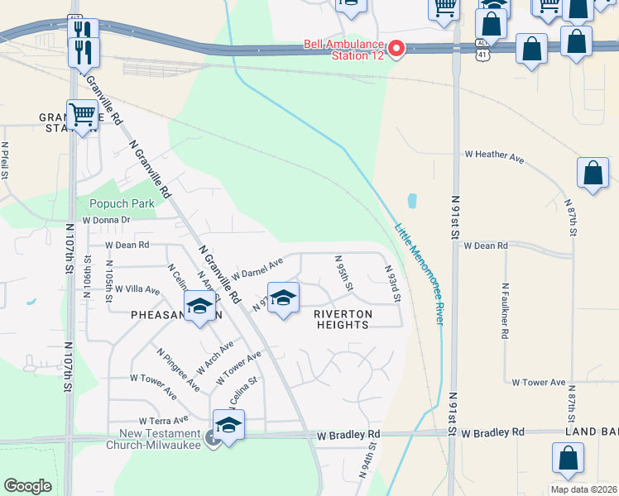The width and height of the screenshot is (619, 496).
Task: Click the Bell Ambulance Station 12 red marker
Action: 396,50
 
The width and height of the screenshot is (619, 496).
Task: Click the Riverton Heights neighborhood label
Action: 343,319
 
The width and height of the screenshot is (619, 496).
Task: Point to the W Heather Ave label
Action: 495,155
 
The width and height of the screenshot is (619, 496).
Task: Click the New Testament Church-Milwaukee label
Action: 161,439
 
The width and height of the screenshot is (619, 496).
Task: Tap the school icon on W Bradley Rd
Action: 228,425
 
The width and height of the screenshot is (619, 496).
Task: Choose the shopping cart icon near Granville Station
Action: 83,115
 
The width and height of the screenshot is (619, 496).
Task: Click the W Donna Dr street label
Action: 106,221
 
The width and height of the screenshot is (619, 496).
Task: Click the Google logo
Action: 27,486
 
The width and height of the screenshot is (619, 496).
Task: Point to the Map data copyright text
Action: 583,489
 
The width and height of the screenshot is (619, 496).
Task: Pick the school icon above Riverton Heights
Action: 283,298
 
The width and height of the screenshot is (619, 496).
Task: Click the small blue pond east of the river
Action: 412,201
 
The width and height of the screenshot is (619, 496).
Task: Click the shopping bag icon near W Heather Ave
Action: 593,174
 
